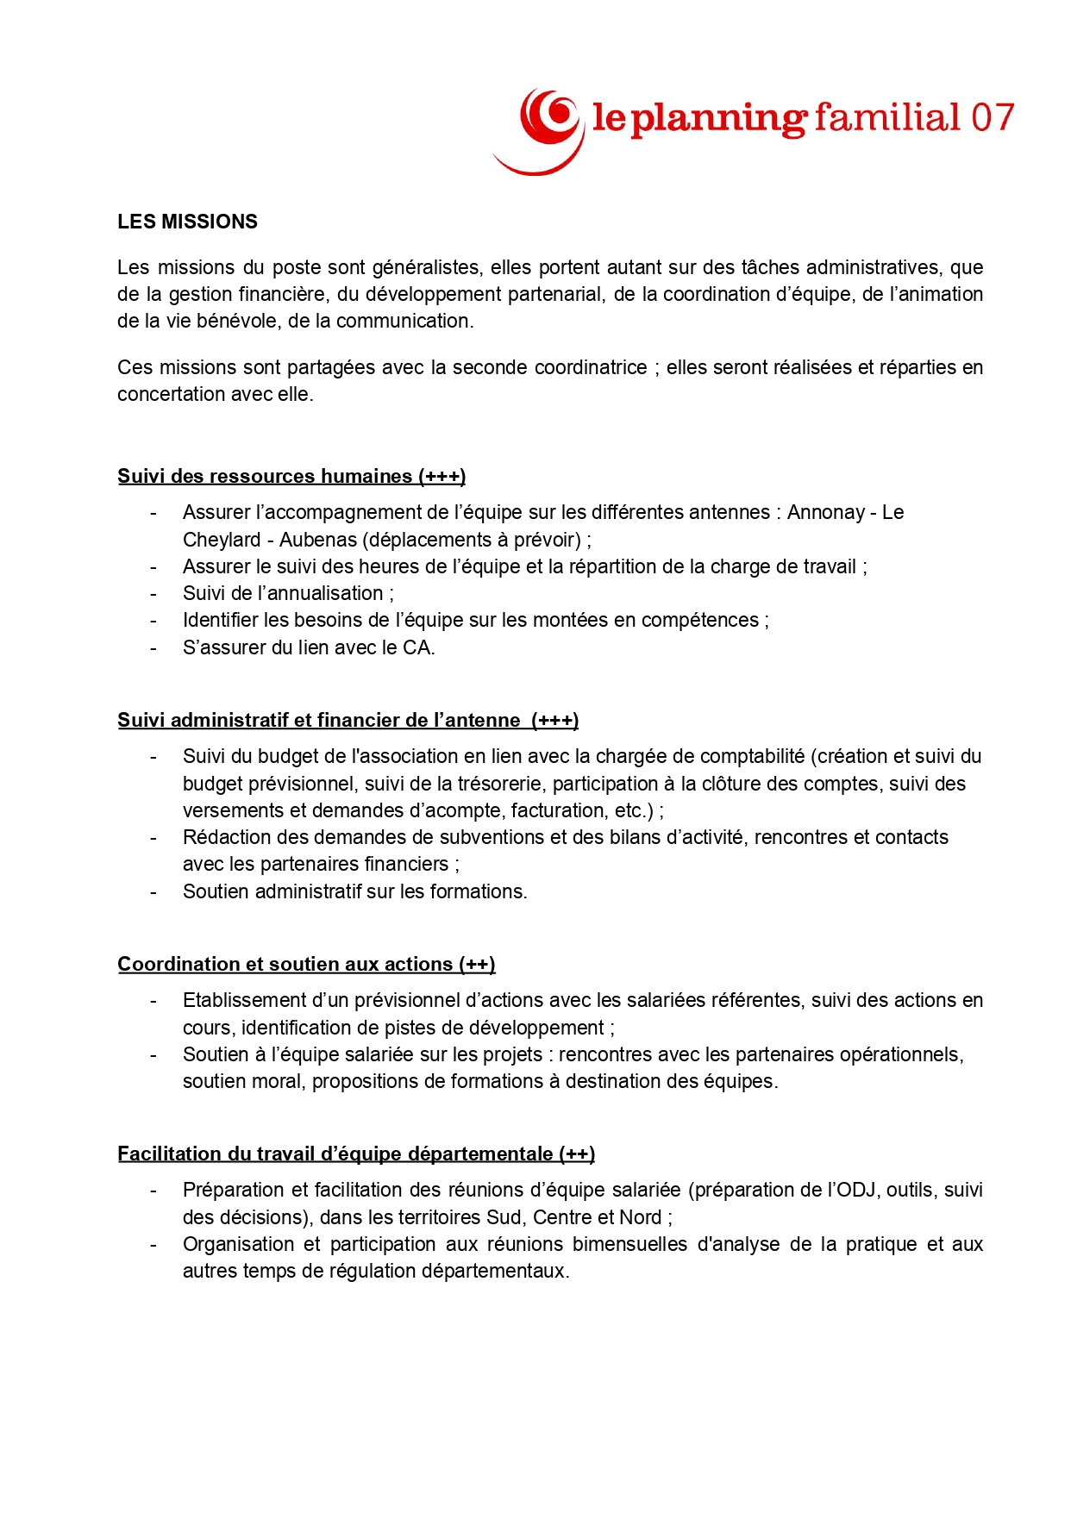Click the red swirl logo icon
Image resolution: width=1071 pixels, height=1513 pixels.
[542, 128]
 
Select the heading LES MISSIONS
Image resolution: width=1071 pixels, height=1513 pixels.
[187, 222]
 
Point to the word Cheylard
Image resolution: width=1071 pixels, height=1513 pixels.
[222, 540]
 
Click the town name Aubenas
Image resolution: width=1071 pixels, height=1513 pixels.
[317, 540]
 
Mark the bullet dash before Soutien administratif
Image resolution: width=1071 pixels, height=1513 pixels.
[153, 891]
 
